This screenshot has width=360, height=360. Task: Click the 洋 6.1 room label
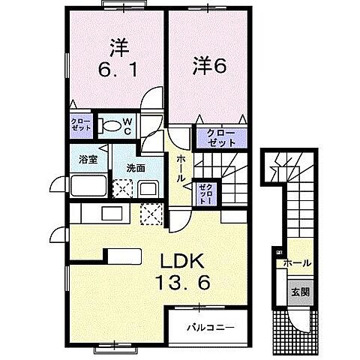point(116,60)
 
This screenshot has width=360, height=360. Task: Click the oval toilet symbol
point(110,125)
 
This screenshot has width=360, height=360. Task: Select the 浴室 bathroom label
point(89,158)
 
